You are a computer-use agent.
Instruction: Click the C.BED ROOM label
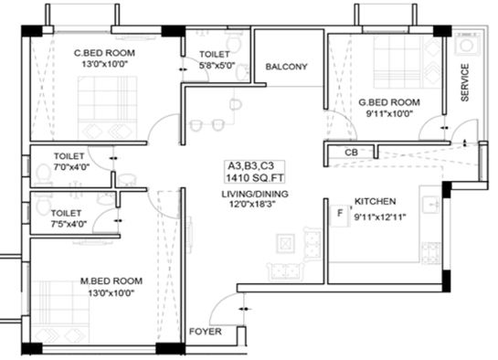pyautogui.click(x=104, y=53)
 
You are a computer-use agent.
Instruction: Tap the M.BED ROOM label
pyautogui.click(x=111, y=281)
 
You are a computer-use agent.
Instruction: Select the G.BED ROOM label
pyautogui.click(x=389, y=102)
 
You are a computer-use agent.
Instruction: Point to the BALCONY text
pyautogui.click(x=287, y=67)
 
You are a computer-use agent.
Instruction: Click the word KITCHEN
pyautogui.click(x=375, y=202)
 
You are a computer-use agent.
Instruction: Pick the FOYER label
pyautogui.click(x=206, y=332)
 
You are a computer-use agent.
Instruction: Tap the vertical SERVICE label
pyautogui.click(x=465, y=82)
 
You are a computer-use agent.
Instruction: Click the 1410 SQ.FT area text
pyautogui.click(x=254, y=178)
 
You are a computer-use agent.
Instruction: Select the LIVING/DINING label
pyautogui.click(x=255, y=194)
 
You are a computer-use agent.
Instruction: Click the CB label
pyautogui.click(x=351, y=153)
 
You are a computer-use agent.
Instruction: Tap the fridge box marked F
pyautogui.click(x=340, y=216)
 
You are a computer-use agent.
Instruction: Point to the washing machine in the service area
pyautogui.click(x=467, y=44)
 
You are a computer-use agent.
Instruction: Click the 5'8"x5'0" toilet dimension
pyautogui.click(x=217, y=66)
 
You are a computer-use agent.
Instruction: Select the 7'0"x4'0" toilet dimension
pyautogui.click(x=71, y=167)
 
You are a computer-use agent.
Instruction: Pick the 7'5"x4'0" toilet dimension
pyautogui.click(x=69, y=224)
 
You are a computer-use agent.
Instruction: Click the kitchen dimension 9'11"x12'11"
pyautogui.click(x=380, y=217)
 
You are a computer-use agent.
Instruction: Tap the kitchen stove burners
pyautogui.click(x=430, y=253)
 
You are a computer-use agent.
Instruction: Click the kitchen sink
pyautogui.click(x=430, y=205)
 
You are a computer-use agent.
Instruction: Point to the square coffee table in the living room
pyautogui.click(x=285, y=243)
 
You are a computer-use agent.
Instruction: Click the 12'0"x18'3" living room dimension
pyautogui.click(x=252, y=204)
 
